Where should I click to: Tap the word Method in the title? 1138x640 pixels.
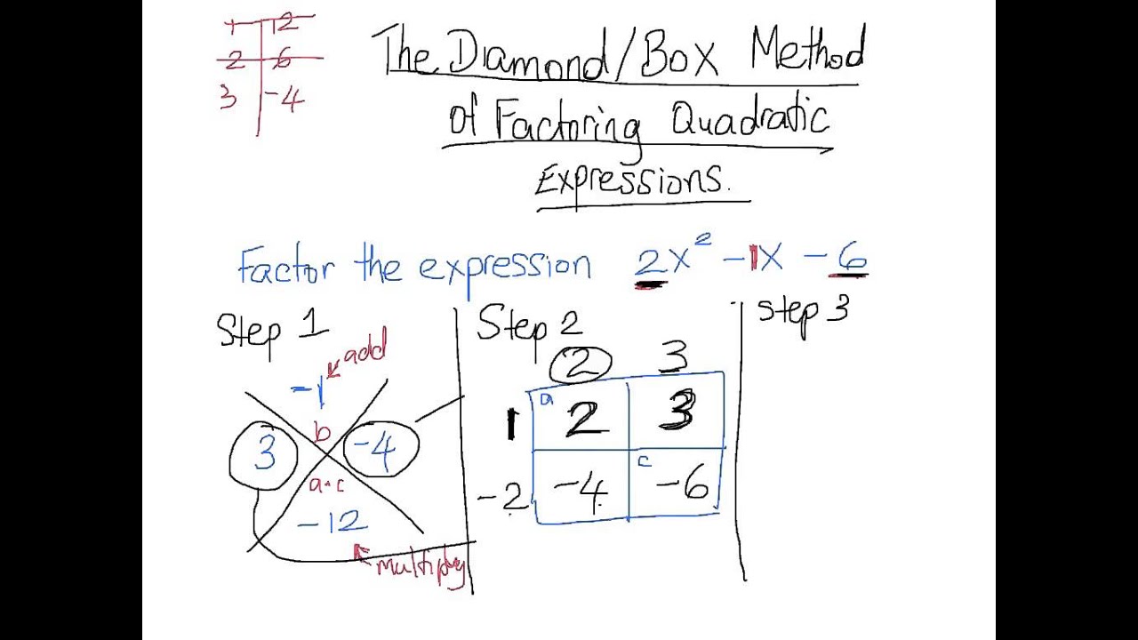807,52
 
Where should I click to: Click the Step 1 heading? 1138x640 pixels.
271,329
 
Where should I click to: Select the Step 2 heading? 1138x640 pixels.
529,325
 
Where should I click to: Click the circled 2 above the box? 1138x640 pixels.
581,363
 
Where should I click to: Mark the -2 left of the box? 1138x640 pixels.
503,499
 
